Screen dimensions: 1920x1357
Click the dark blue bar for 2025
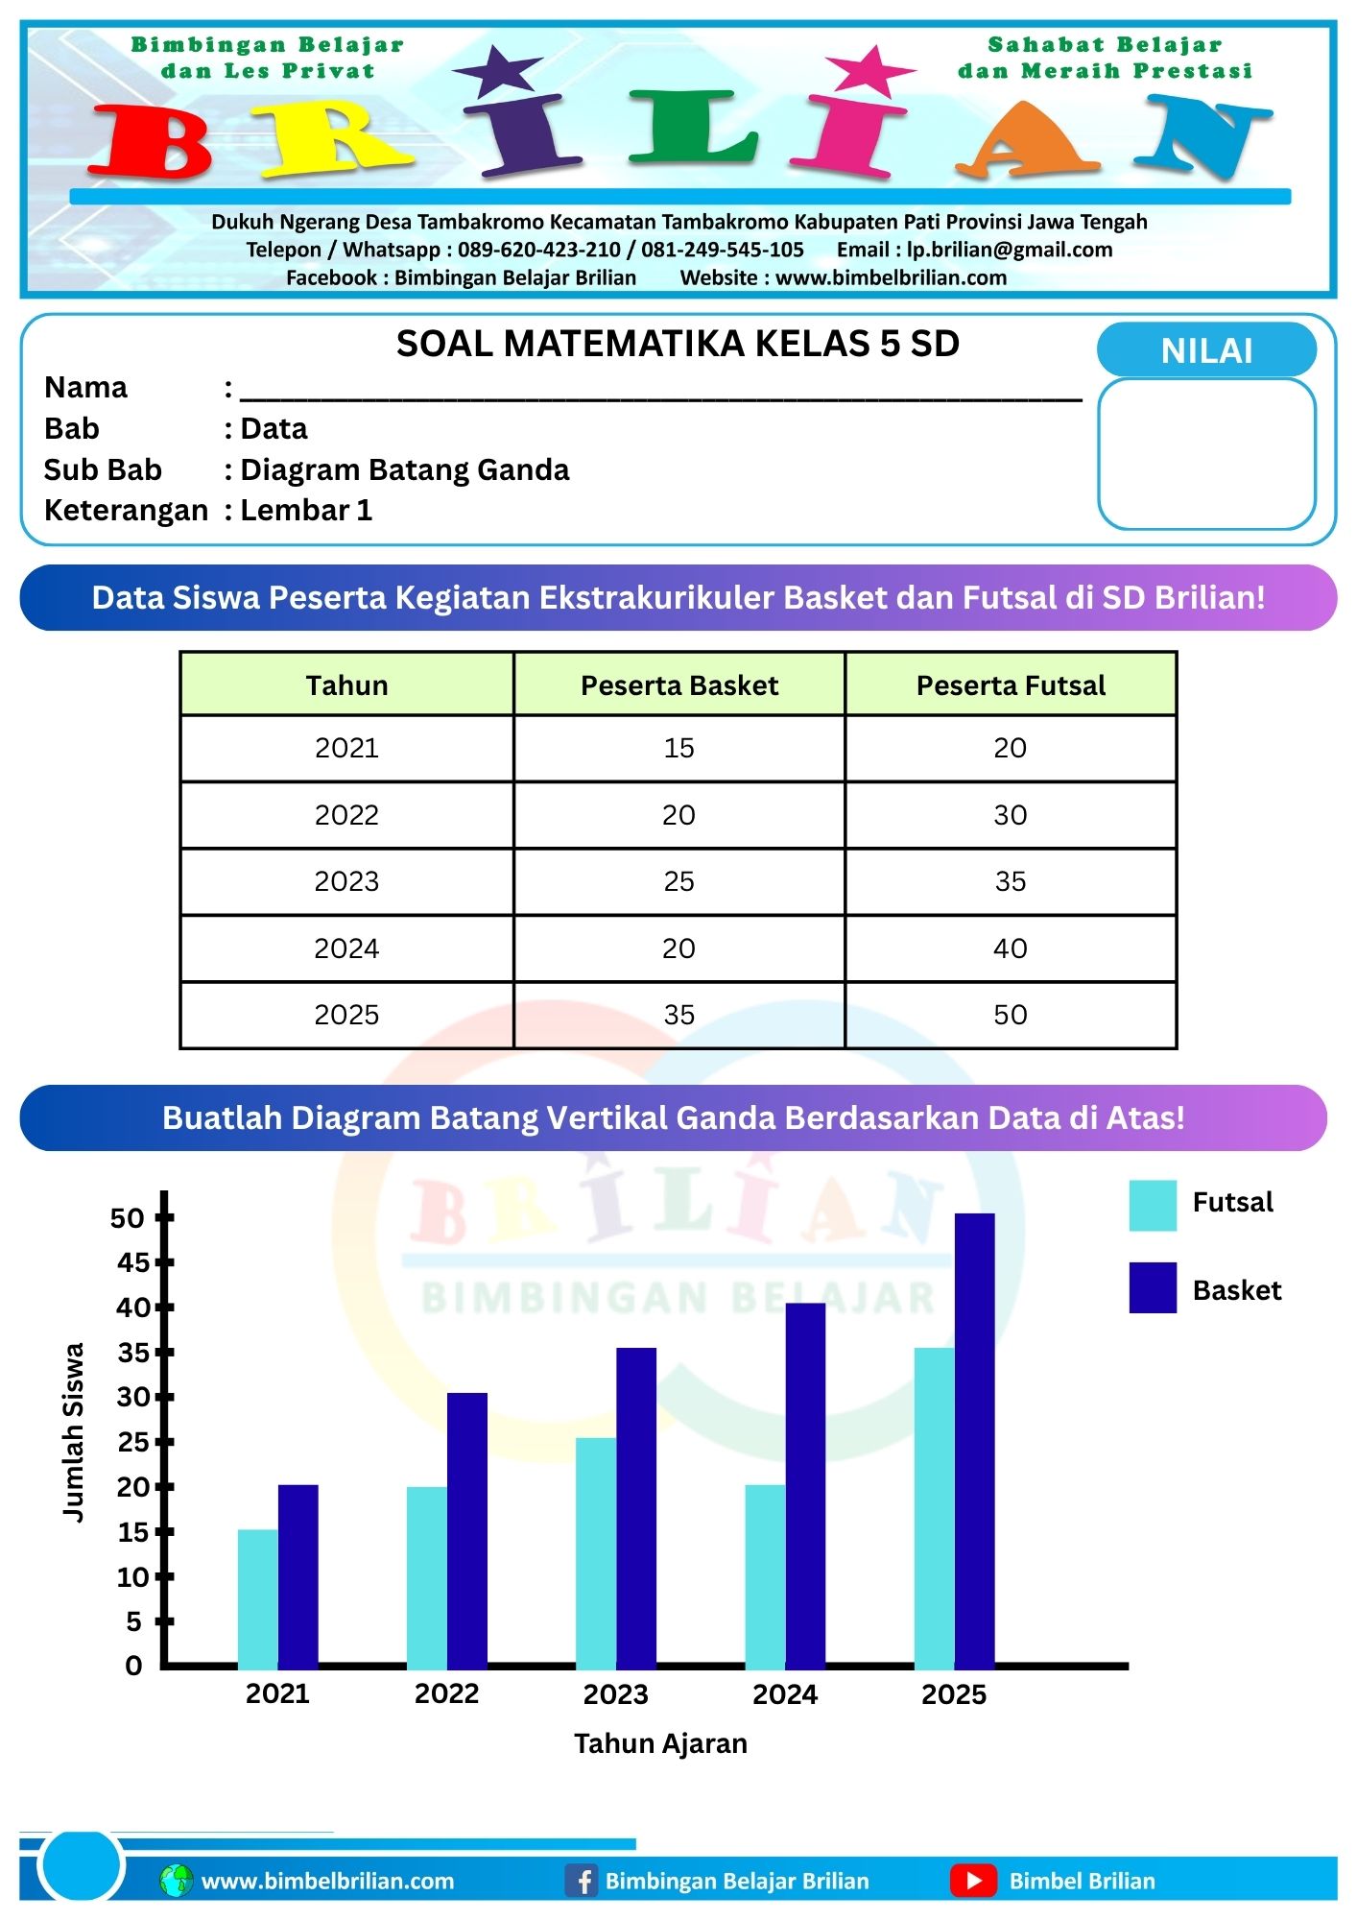[x=974, y=1440]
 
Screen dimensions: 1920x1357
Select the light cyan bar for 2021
[x=257, y=1598]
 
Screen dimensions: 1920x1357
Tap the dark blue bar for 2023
[x=636, y=1507]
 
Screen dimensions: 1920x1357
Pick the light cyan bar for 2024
[x=765, y=1576]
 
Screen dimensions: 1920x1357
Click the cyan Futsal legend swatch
[x=1153, y=1206]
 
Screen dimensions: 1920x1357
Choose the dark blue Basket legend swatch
[x=1153, y=1287]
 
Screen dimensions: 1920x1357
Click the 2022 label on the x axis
[x=446, y=1693]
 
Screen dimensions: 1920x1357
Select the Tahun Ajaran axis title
[x=660, y=1743]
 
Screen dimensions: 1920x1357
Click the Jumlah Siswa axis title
[x=73, y=1431]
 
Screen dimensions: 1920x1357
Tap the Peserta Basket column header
[x=679, y=685]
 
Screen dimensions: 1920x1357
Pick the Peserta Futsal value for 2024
[x=1011, y=948]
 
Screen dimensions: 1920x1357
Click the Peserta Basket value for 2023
[x=679, y=881]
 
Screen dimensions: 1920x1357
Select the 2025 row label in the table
[x=346, y=1015]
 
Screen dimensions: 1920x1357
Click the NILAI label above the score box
[x=1206, y=350]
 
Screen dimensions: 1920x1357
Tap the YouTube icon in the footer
[x=973, y=1881]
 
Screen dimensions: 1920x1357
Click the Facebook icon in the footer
[x=582, y=1881]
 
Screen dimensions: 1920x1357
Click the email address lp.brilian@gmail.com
[x=1010, y=250]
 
